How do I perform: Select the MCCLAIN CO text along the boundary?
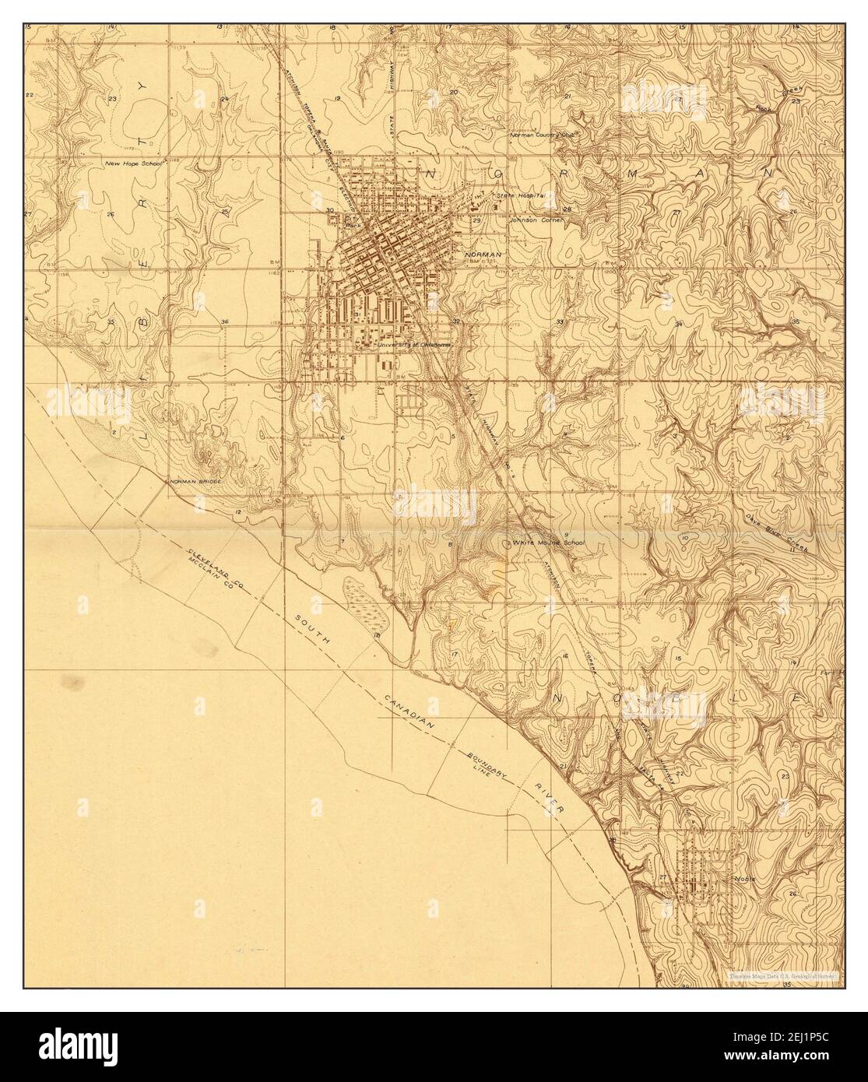click(208, 577)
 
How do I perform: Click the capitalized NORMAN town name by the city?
click(483, 255)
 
